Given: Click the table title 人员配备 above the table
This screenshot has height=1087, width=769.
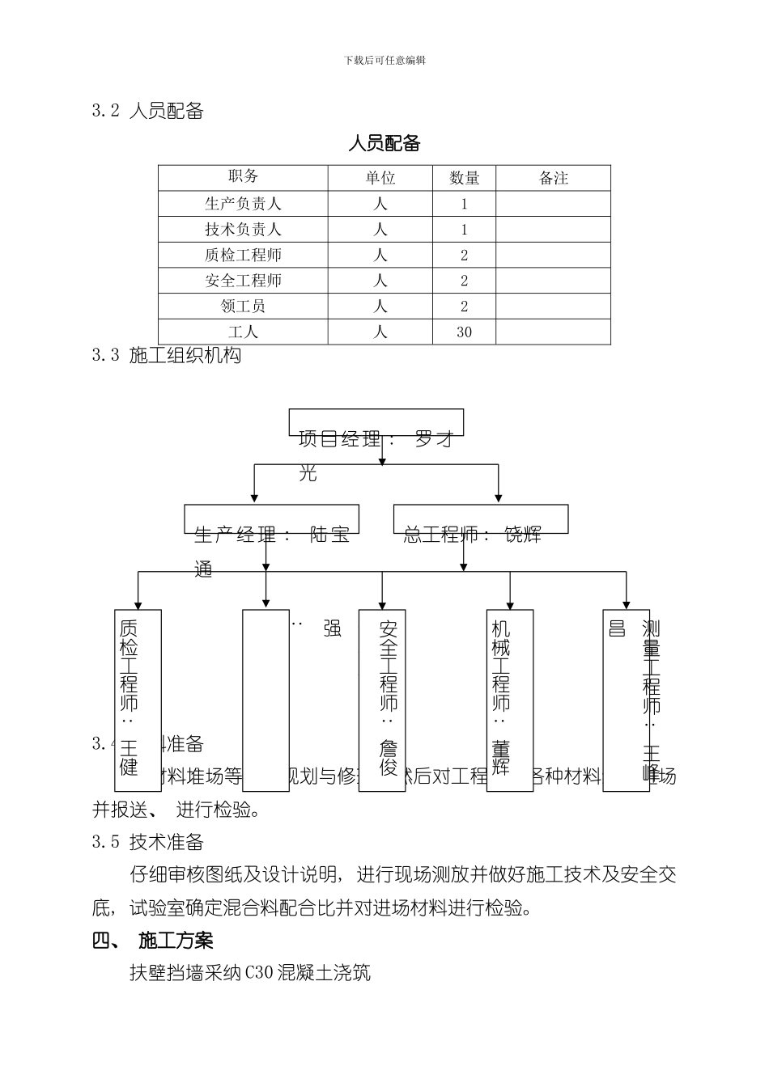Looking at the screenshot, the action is coord(384,145).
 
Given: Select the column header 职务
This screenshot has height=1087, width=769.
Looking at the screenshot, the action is coord(243,177).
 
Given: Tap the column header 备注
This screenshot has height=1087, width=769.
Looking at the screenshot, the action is coord(554,178).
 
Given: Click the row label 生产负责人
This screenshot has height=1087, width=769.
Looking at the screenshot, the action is coord(243,204).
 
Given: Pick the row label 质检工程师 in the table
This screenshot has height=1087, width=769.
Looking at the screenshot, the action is coord(243,255).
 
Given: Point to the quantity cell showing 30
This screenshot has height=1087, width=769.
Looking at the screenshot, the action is coord(464,332).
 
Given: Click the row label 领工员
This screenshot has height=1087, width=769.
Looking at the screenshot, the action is coord(243,306).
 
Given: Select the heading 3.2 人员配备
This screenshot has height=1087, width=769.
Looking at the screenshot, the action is coord(147,112).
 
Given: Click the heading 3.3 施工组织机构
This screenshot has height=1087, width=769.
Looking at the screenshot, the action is coord(166,355).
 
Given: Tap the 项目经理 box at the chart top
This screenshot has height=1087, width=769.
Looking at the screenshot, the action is coord(376,423).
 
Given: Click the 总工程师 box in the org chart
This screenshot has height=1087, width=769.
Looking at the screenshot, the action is coord(480,519).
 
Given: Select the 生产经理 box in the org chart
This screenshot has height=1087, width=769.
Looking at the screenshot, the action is coord(271,519).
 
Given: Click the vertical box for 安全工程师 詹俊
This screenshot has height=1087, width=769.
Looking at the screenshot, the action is coord(382,700).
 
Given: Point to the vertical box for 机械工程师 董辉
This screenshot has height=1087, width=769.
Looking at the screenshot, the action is coord(510,700).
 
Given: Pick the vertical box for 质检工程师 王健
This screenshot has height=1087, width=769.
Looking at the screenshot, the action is coord(138,700).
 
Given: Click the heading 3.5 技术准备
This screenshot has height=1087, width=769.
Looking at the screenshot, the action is coord(147,842).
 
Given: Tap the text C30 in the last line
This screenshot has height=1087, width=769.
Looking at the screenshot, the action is coord(260,973).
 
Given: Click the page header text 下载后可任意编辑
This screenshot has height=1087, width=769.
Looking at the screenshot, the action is coord(384,60).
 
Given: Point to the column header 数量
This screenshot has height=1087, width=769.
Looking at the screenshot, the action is coord(465,178).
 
